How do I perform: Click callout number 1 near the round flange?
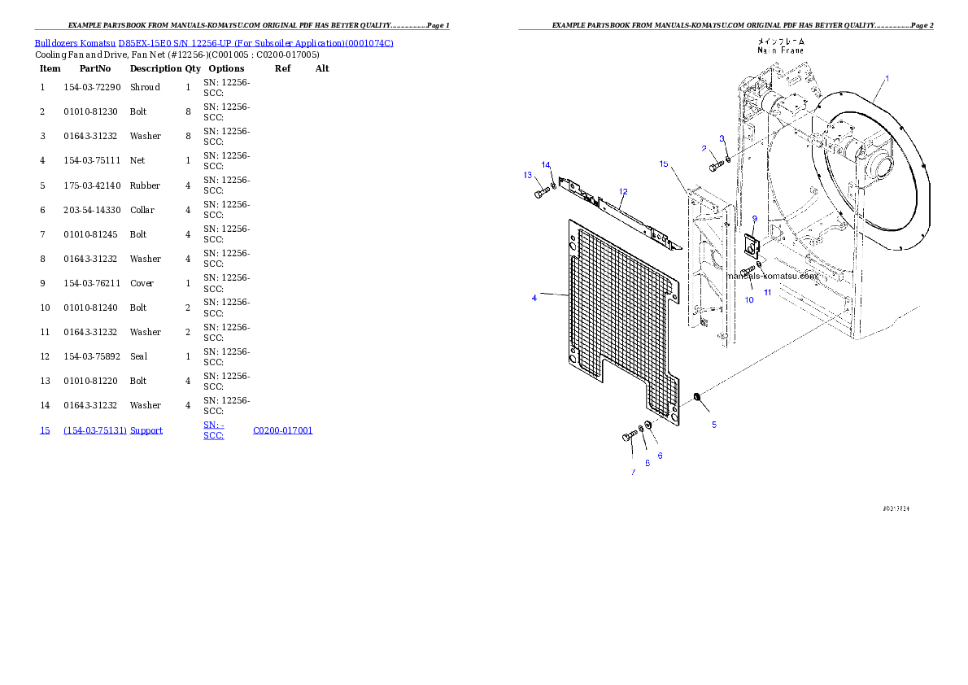point(887,78)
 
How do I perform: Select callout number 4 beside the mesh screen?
point(534,298)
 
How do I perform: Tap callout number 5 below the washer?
point(714,425)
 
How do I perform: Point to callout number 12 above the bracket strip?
point(623,192)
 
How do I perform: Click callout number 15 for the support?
point(664,164)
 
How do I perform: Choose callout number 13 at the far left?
point(527,175)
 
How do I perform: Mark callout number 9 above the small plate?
point(754,219)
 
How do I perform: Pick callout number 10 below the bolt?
point(749,299)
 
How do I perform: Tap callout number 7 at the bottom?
point(632,472)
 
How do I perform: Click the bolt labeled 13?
point(542,194)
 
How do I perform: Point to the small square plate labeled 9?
point(752,242)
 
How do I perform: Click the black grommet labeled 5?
point(697,398)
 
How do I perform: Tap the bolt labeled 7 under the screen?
point(630,436)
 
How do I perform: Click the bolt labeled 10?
point(748,273)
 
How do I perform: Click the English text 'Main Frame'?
point(780,50)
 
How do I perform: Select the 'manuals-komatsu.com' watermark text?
point(773,276)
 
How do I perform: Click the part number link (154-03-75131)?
point(95,430)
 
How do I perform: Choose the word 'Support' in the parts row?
point(146,430)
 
